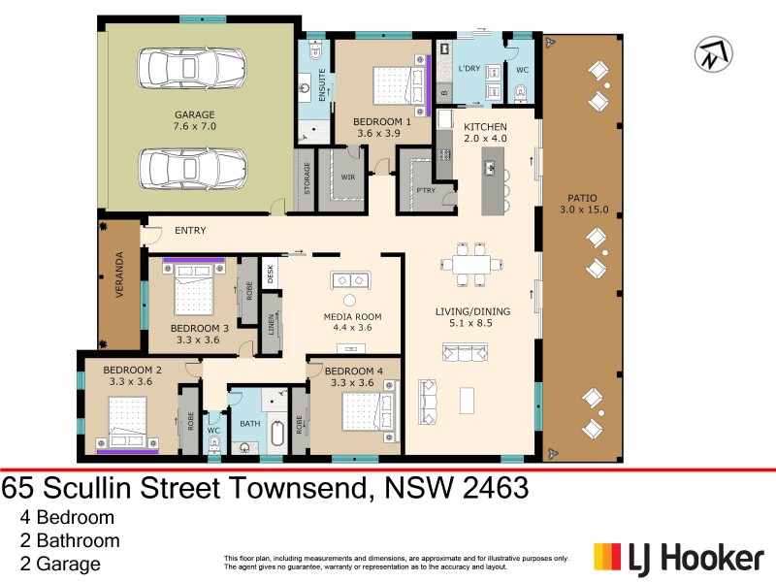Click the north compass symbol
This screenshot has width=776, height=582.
click(x=713, y=52)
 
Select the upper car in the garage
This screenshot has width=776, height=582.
click(x=195, y=69)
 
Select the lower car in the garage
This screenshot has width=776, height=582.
click(x=195, y=168)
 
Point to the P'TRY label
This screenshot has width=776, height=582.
click(x=424, y=190)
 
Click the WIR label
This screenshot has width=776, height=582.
click(x=348, y=178)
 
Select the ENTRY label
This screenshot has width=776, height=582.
click(x=190, y=232)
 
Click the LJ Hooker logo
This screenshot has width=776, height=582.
click(x=678, y=558)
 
